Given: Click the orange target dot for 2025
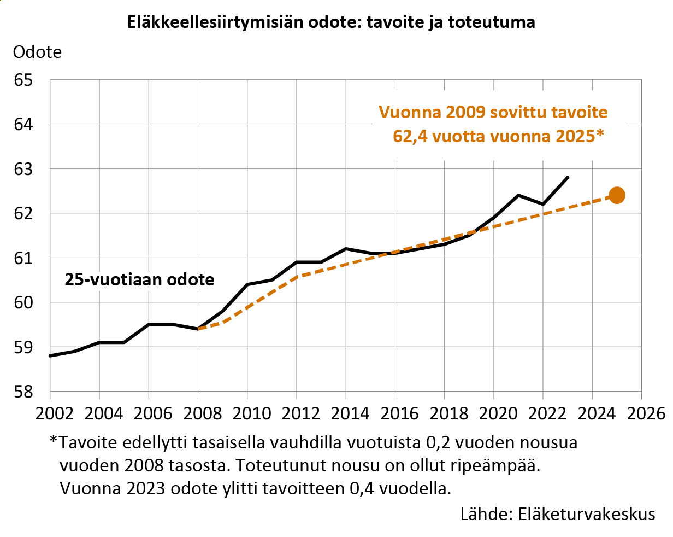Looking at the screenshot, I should [x=617, y=195].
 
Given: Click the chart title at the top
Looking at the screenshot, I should [x=331, y=22].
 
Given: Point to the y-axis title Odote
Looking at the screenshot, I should [x=37, y=52].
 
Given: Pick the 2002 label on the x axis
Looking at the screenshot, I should [x=50, y=412].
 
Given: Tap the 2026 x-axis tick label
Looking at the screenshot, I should [x=641, y=412].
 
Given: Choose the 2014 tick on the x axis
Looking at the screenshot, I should [x=346, y=412].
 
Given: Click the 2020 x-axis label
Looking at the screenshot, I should [x=494, y=412].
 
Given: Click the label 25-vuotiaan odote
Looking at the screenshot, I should [x=139, y=279].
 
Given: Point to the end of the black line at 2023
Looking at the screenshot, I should [x=568, y=177].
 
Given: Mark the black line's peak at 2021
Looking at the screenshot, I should [x=518, y=195].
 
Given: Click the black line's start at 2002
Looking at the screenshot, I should [x=50, y=356].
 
